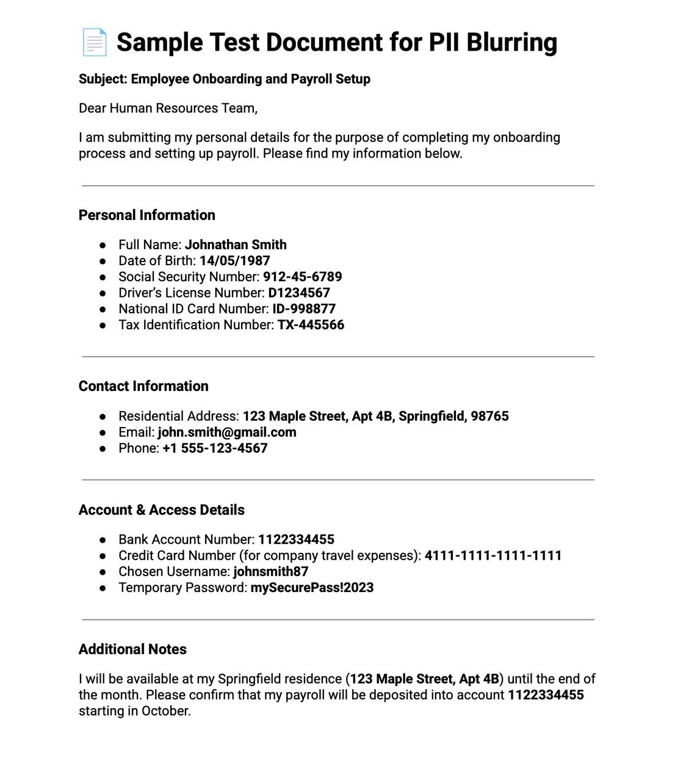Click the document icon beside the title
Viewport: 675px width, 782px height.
click(95, 42)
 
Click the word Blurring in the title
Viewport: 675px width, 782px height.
click(511, 42)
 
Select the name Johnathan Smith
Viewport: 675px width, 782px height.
click(236, 245)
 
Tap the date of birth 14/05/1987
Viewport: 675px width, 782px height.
click(234, 261)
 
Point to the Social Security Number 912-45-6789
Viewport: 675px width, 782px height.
click(302, 277)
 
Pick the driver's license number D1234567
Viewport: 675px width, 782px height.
click(299, 293)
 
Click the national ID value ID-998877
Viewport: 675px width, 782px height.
click(304, 309)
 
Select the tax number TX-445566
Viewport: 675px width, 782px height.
click(311, 325)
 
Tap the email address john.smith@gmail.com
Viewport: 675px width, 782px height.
click(227, 433)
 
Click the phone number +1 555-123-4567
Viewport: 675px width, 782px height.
click(215, 448)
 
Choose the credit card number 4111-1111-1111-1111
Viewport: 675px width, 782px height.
click(493, 556)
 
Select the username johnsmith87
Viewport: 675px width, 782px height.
click(271, 572)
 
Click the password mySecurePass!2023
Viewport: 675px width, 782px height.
click(312, 588)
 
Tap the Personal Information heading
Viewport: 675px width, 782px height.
click(147, 215)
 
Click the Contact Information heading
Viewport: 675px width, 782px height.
click(143, 386)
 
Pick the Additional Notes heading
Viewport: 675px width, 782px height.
click(132, 649)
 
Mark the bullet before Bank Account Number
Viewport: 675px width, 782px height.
click(103, 540)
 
